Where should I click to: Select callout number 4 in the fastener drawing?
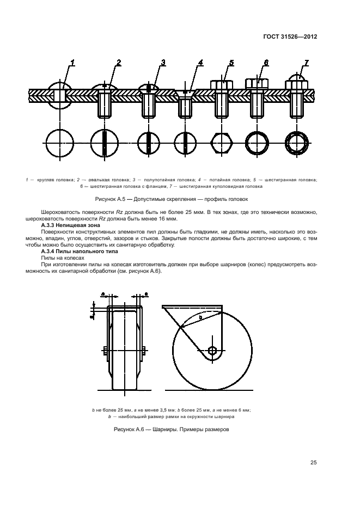tap(200, 63)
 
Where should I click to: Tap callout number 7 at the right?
tap(306, 63)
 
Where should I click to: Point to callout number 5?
tap(231, 63)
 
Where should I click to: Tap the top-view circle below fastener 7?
tap(298, 143)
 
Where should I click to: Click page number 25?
tap(314, 463)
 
